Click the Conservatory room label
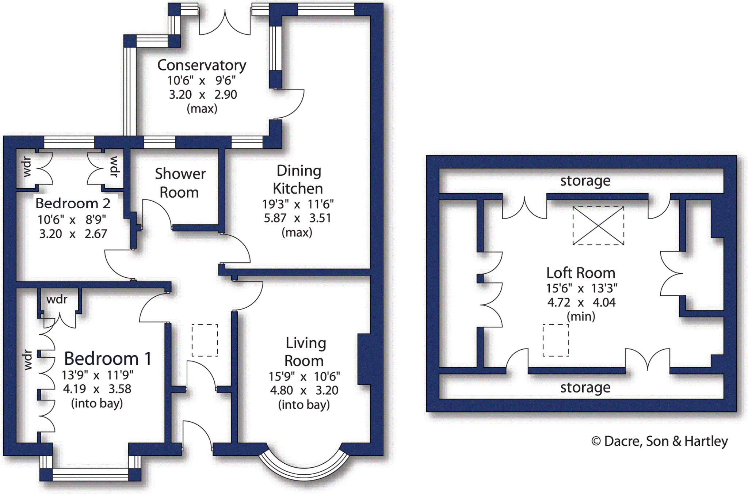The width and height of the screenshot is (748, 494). (x=202, y=65)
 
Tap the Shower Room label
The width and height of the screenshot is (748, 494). (x=180, y=183)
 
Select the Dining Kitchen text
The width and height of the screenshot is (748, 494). (x=298, y=179)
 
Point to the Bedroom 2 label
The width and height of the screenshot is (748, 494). (x=73, y=203)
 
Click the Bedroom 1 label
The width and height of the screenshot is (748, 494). (x=108, y=358)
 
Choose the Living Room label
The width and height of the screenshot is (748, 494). (x=305, y=351)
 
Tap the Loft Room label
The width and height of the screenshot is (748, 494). (x=581, y=273)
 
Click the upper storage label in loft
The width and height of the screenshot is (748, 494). (x=585, y=181)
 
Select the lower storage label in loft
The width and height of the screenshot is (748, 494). (x=585, y=388)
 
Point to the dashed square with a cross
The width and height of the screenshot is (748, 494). (x=598, y=226)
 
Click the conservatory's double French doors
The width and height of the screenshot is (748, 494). (x=225, y=23)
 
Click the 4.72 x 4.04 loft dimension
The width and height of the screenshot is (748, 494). (x=581, y=303)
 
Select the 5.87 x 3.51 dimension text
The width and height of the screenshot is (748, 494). (x=297, y=218)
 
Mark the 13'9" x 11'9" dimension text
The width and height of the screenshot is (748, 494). (x=97, y=375)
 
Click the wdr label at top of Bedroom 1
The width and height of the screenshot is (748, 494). (x=57, y=300)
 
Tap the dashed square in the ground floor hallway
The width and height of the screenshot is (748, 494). (x=205, y=340)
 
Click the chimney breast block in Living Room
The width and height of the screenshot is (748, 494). (x=364, y=359)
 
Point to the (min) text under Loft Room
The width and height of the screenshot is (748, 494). (x=581, y=316)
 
